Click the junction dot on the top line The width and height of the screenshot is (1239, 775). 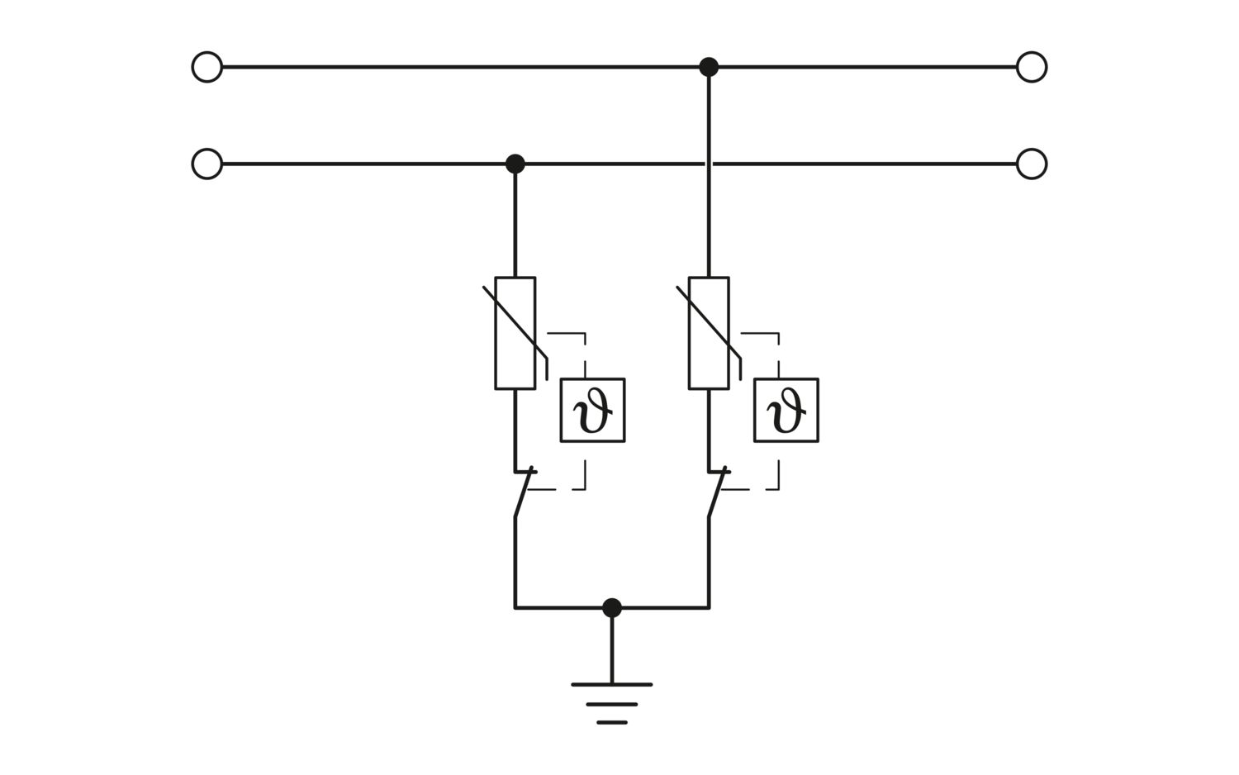point(709,67)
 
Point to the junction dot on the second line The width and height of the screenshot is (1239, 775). point(515,164)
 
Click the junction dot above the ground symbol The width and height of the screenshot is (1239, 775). point(612,608)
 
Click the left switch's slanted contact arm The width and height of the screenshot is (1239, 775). point(524,492)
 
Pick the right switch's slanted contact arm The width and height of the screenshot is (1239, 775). point(718,492)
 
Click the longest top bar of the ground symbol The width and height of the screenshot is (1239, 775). point(612,685)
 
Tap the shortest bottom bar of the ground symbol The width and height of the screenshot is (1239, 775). point(612,722)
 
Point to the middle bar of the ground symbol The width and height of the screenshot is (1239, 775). point(612,704)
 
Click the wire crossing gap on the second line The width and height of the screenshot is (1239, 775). point(709,164)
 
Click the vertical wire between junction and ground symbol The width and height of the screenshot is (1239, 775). point(612,646)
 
